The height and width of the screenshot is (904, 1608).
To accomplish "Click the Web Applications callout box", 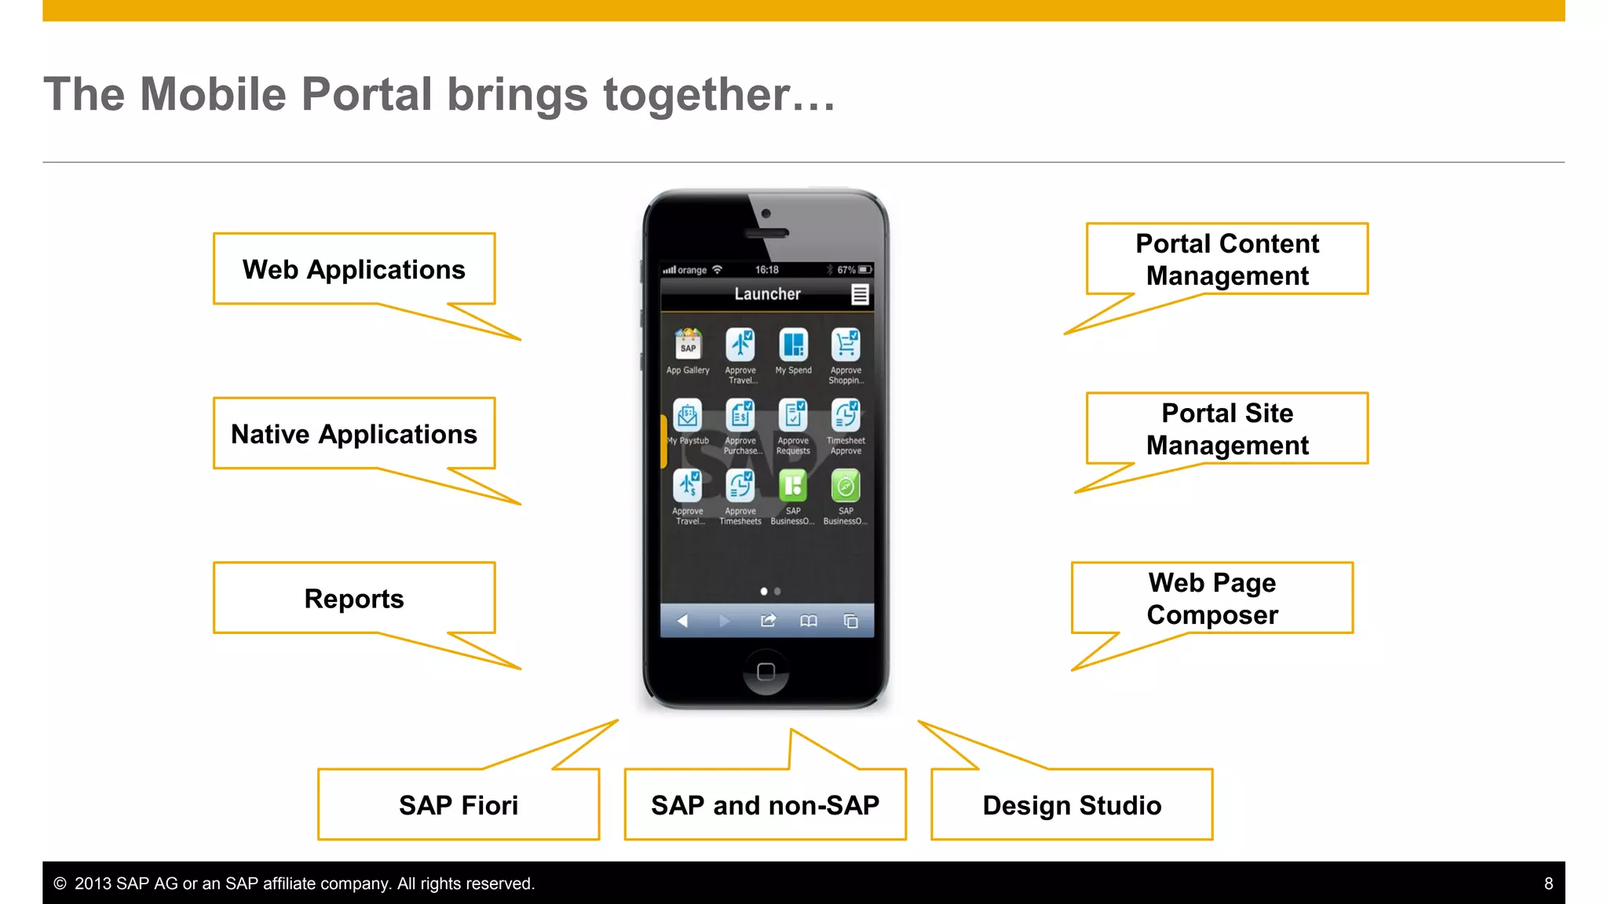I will pos(354,269).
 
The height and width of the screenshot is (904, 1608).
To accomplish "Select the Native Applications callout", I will pos(354,434).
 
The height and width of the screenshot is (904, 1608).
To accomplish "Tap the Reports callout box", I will pos(354,599).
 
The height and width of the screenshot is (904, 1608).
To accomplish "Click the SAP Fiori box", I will pos(459,805).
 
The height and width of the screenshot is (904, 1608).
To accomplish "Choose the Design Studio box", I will pos(1072,805).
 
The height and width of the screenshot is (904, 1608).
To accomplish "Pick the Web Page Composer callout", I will pos(1212,599).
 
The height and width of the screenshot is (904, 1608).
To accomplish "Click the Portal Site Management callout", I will pos(1227,429).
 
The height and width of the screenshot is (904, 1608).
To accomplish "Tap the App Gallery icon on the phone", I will pos(688,344).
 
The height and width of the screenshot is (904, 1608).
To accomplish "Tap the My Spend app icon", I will pos(793,344).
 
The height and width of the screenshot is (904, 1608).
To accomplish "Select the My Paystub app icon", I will pos(688,415).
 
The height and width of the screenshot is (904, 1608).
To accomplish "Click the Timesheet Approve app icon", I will pos(846,415).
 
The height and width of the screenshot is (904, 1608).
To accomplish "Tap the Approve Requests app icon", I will pos(793,415).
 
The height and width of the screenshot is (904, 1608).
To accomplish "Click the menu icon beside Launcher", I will pos(860,294).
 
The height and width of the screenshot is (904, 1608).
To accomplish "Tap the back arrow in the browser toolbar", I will pos(682,621).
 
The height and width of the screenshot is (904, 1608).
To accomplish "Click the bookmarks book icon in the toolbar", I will pos(809,621).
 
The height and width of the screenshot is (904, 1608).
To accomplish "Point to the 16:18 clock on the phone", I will pos(767,270).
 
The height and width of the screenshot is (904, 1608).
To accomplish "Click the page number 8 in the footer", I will pos(1548,884).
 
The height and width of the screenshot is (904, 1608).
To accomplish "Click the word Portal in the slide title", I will pos(367,94).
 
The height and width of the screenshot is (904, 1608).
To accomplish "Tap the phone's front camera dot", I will pos(766,213).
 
